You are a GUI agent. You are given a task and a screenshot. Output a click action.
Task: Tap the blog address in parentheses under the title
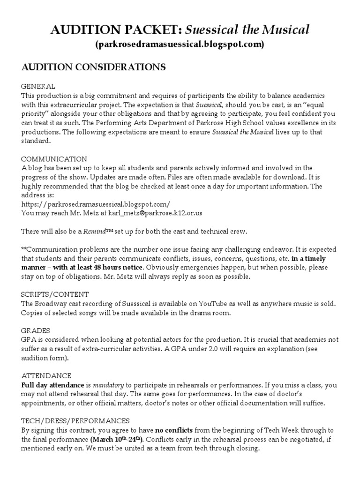click(180, 45)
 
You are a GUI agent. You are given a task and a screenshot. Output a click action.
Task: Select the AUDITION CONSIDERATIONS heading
click(94, 67)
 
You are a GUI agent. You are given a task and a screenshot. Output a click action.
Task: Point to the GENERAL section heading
click(38, 87)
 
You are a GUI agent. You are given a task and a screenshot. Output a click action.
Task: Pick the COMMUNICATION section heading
click(54, 159)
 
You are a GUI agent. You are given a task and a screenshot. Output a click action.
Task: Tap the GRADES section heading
click(36, 330)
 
